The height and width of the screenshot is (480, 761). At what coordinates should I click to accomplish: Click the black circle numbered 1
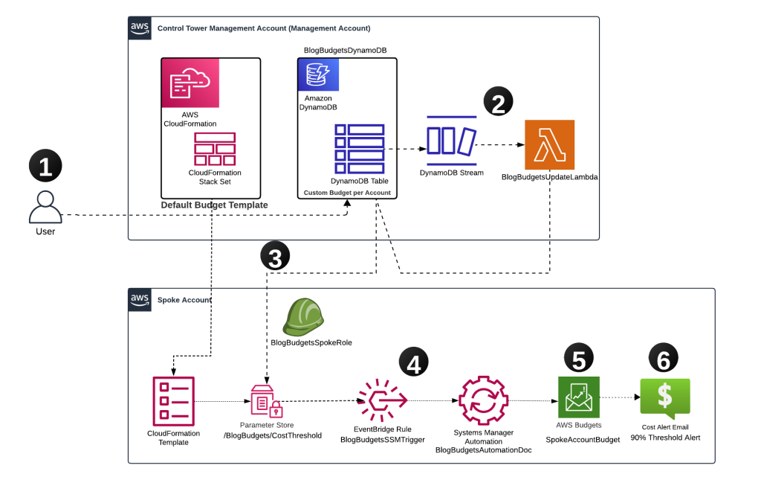click(x=45, y=166)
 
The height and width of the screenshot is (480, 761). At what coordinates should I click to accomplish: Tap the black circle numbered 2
click(x=499, y=103)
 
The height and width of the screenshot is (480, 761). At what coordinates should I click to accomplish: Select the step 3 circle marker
click(x=275, y=258)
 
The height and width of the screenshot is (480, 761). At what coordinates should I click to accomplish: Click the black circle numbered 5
click(x=579, y=359)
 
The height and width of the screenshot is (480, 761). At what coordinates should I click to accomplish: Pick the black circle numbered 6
click(x=664, y=359)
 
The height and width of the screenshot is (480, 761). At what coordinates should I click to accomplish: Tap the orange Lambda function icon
click(x=549, y=144)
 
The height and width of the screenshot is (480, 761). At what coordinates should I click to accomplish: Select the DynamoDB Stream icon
click(x=451, y=141)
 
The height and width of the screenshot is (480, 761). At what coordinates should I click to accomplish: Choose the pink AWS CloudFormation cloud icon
click(x=190, y=83)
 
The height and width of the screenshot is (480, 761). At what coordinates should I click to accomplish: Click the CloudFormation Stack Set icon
click(x=215, y=149)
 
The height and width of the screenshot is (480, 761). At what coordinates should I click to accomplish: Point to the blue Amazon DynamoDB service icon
click(x=318, y=74)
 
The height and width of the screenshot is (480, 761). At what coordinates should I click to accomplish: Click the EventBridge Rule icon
click(x=382, y=401)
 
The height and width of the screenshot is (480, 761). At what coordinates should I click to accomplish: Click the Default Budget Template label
click(x=215, y=205)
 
